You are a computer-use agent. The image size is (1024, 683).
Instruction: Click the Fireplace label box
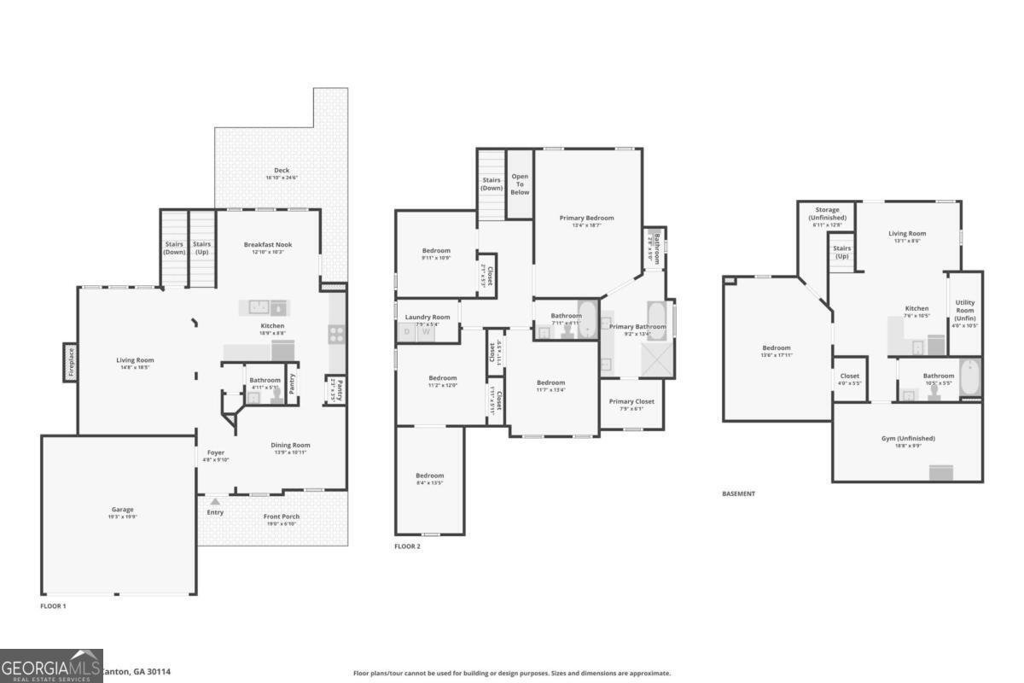pyautogui.click(x=71, y=361)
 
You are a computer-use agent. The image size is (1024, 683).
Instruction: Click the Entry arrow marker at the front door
pyautogui.click(x=215, y=502)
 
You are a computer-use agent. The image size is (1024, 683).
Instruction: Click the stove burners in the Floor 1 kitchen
pyautogui.click(x=336, y=334)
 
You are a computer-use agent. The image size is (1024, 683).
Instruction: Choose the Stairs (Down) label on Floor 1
pyautogui.click(x=174, y=248)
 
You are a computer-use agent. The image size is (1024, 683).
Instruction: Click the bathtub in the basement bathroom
pyautogui.click(x=970, y=378)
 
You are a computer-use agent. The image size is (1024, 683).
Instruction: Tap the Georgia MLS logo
pyautogui.click(x=51, y=665)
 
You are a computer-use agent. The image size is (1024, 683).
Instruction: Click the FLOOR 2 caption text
pyautogui.click(x=407, y=546)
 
